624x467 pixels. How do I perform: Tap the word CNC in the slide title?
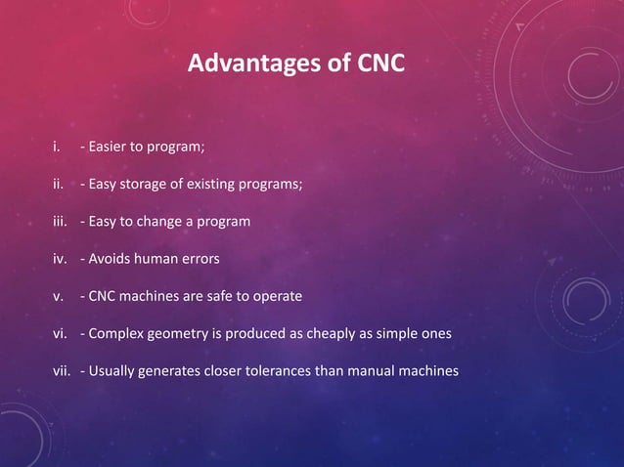coord(379,65)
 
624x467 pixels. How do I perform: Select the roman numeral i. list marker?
coord(57,148)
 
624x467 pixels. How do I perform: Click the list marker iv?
coord(61,259)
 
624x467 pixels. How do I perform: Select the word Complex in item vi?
coord(118,333)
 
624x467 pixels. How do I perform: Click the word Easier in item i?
coord(110,148)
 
